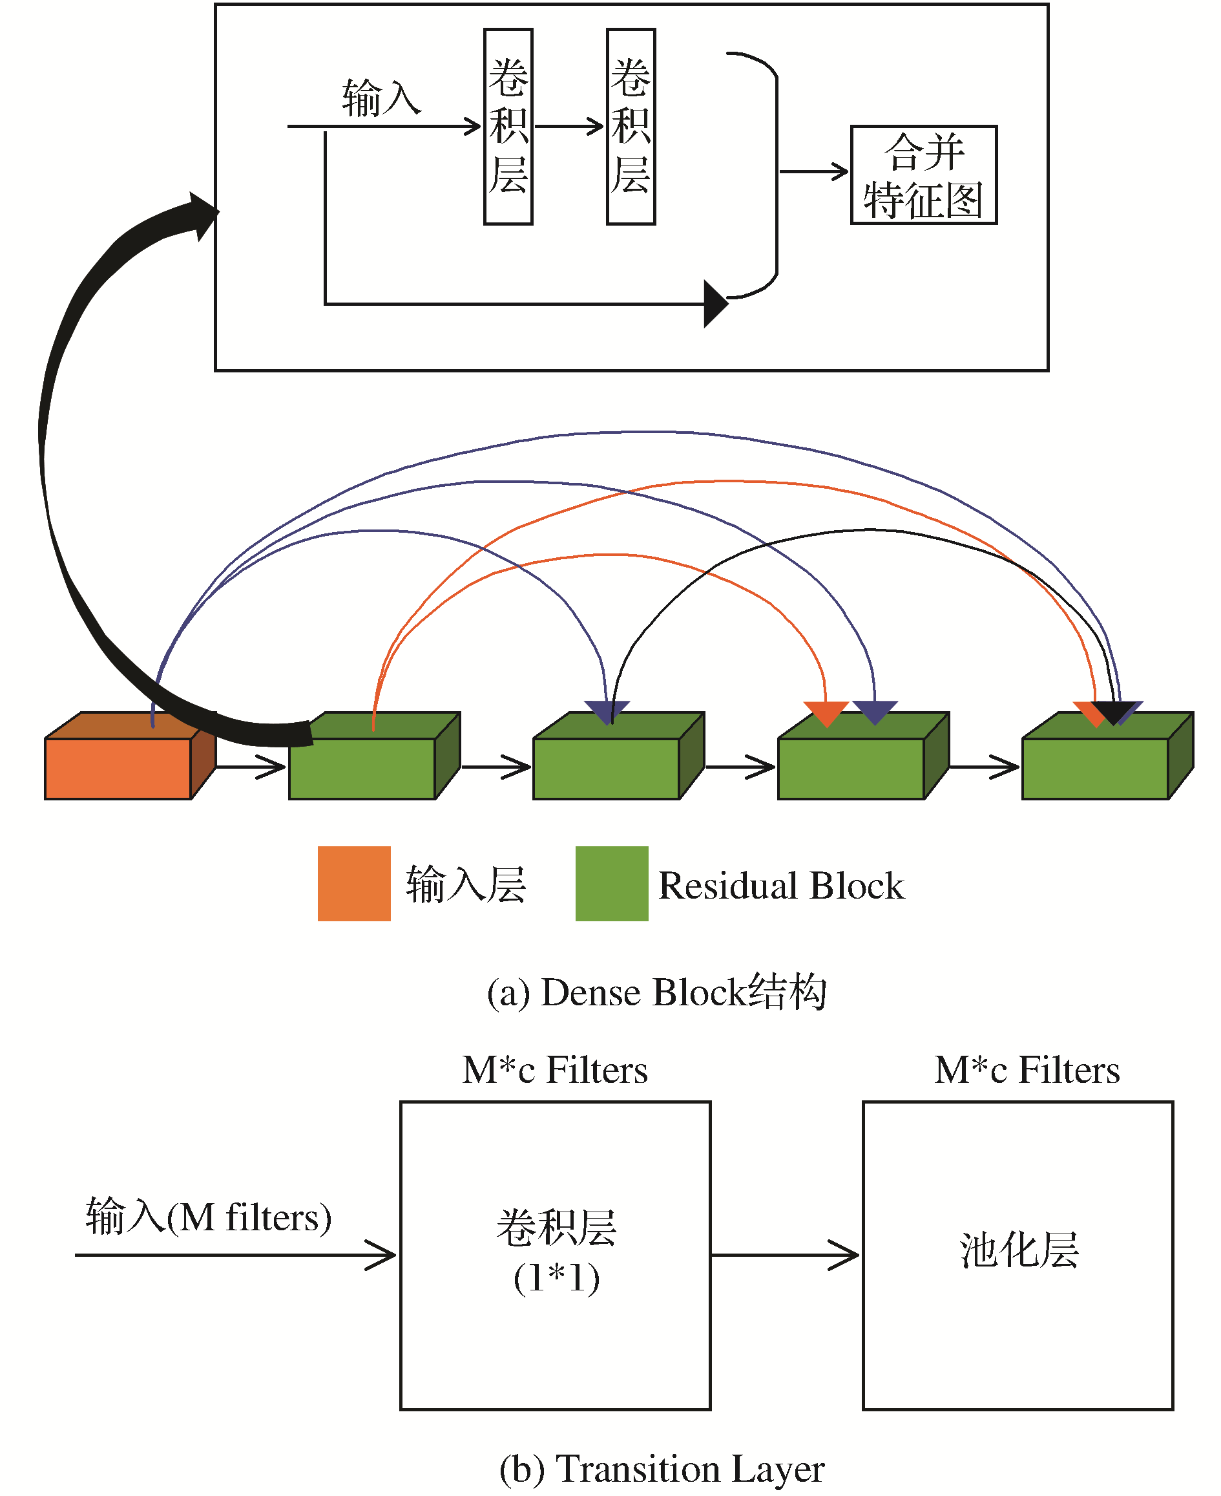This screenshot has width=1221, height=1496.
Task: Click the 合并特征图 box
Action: click(x=923, y=175)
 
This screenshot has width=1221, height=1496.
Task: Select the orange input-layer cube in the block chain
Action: click(x=130, y=756)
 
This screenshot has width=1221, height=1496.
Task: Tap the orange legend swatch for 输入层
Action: click(x=354, y=883)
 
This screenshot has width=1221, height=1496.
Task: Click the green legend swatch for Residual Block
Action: click(x=611, y=883)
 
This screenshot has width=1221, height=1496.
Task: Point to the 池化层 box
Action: click(x=1018, y=1256)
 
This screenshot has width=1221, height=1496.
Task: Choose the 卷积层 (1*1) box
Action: click(x=555, y=1256)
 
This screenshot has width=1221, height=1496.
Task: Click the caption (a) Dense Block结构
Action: click(x=656, y=992)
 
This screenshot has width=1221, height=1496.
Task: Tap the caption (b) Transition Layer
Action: click(x=661, y=1469)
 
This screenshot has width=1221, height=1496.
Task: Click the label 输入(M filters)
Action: click(x=208, y=1217)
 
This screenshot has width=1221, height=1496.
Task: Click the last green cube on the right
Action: click(x=1108, y=756)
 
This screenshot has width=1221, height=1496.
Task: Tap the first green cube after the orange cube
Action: click(x=374, y=756)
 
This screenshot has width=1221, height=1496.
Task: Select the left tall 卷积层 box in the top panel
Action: click(x=508, y=127)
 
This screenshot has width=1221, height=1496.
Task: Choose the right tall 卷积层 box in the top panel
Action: click(x=631, y=127)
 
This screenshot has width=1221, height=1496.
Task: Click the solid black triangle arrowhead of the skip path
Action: click(x=715, y=304)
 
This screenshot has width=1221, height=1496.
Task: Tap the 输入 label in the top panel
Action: click(x=381, y=98)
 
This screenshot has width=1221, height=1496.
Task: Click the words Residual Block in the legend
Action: click(x=780, y=884)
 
